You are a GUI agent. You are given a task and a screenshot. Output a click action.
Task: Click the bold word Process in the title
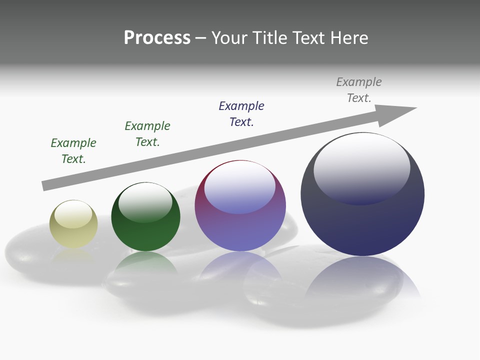coord(157,38)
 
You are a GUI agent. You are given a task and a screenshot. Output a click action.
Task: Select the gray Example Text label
coord(359,90)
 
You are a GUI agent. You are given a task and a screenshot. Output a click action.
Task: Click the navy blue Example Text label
coord(241,114)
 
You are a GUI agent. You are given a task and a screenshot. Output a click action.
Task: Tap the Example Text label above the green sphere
coord(147,134)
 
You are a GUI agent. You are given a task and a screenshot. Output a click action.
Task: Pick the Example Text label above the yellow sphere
coord(73,151)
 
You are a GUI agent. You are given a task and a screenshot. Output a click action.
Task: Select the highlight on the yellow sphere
coord(73,214)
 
